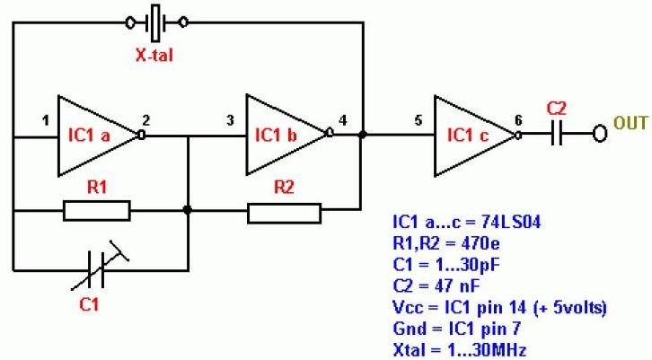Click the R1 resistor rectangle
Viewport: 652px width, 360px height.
[x=96, y=212]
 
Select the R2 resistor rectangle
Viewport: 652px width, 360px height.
[x=284, y=212]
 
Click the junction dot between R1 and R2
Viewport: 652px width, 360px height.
[x=188, y=211]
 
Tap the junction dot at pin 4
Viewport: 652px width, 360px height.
[x=361, y=136]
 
